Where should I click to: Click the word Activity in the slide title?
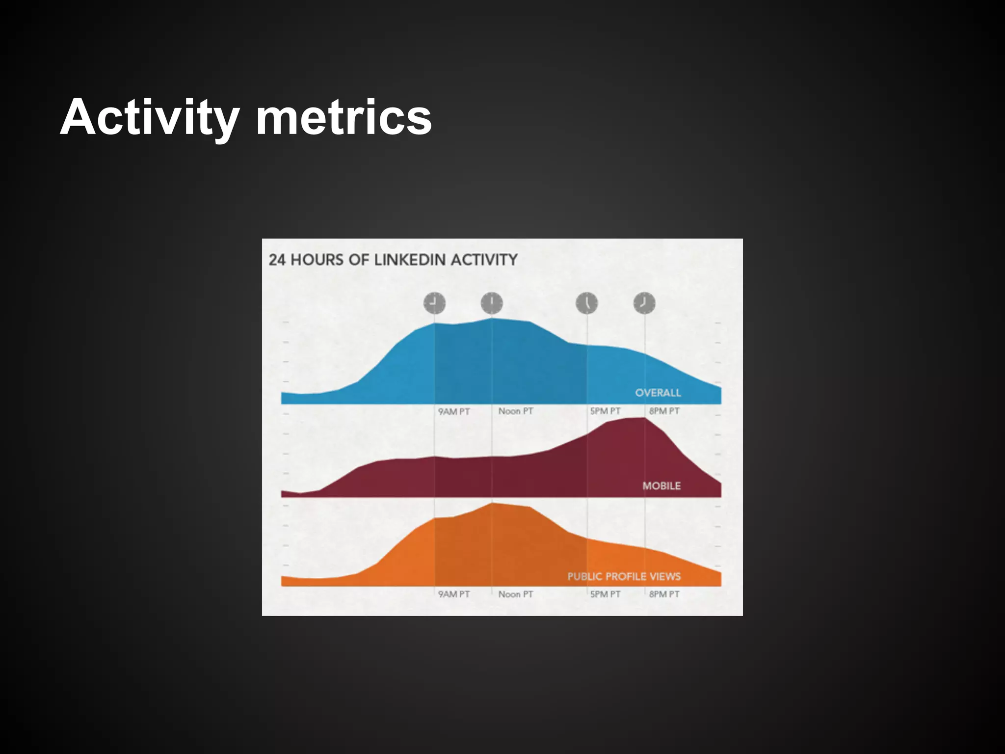tap(149, 118)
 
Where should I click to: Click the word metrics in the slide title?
tap(344, 118)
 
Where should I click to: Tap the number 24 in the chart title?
tap(277, 260)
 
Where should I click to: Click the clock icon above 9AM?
tap(434, 303)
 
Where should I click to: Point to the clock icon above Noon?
tap(492, 303)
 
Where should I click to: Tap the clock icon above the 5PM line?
tap(587, 303)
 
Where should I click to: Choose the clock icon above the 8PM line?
tap(644, 303)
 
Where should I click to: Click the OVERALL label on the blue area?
tap(658, 393)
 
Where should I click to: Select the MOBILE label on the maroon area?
tap(661, 485)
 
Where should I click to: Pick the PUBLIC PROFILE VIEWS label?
tap(624, 576)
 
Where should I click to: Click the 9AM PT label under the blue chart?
tap(453, 411)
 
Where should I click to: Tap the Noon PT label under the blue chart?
tap(515, 411)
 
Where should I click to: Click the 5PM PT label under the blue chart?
tap(605, 411)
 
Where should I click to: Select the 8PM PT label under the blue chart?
tap(664, 411)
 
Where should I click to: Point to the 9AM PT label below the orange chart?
tap(453, 594)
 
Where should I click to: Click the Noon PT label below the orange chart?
tap(515, 594)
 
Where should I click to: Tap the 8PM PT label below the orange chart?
tap(664, 594)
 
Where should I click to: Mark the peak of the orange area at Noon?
tap(492, 504)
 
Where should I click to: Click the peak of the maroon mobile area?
tap(638, 419)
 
